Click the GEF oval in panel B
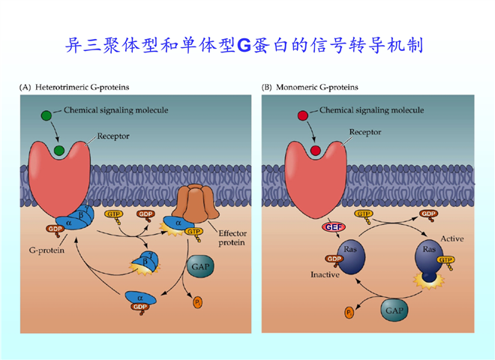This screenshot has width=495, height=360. click(x=332, y=226)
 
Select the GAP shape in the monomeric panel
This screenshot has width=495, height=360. click(x=395, y=310)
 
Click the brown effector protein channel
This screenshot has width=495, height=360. click(x=193, y=207)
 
